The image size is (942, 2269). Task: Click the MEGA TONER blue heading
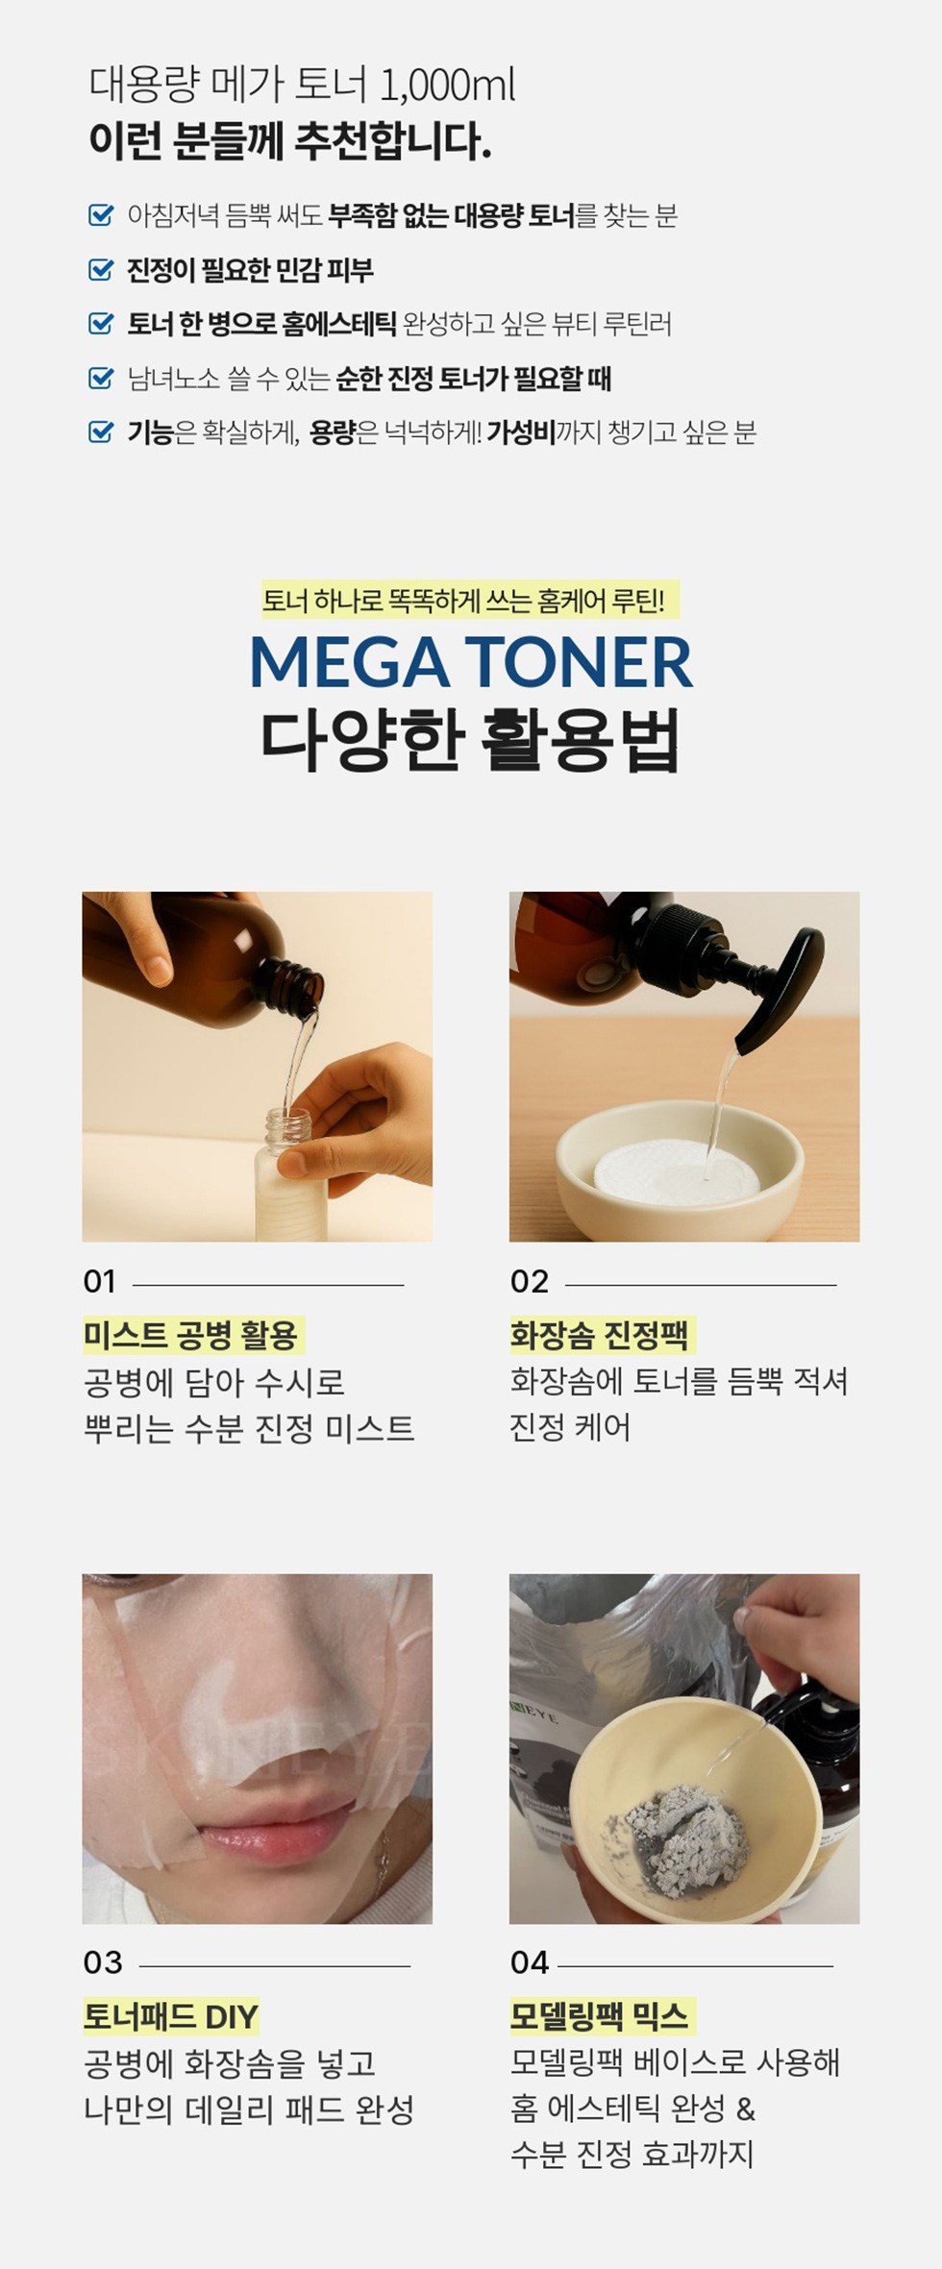coord(471,662)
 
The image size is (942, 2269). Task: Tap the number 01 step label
coord(100,1281)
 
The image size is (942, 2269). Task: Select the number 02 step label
coord(530,1281)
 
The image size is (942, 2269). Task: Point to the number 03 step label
coord(103,1961)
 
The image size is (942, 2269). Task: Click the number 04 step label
coord(530,1961)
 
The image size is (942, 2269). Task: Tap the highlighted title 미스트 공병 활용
coord(192,1335)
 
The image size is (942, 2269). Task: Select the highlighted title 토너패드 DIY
coord(171,2015)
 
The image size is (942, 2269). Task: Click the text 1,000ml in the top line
coord(447,86)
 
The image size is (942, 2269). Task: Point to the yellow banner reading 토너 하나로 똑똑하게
coord(470,601)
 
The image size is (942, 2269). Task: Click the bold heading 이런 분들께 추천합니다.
coord(290,141)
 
